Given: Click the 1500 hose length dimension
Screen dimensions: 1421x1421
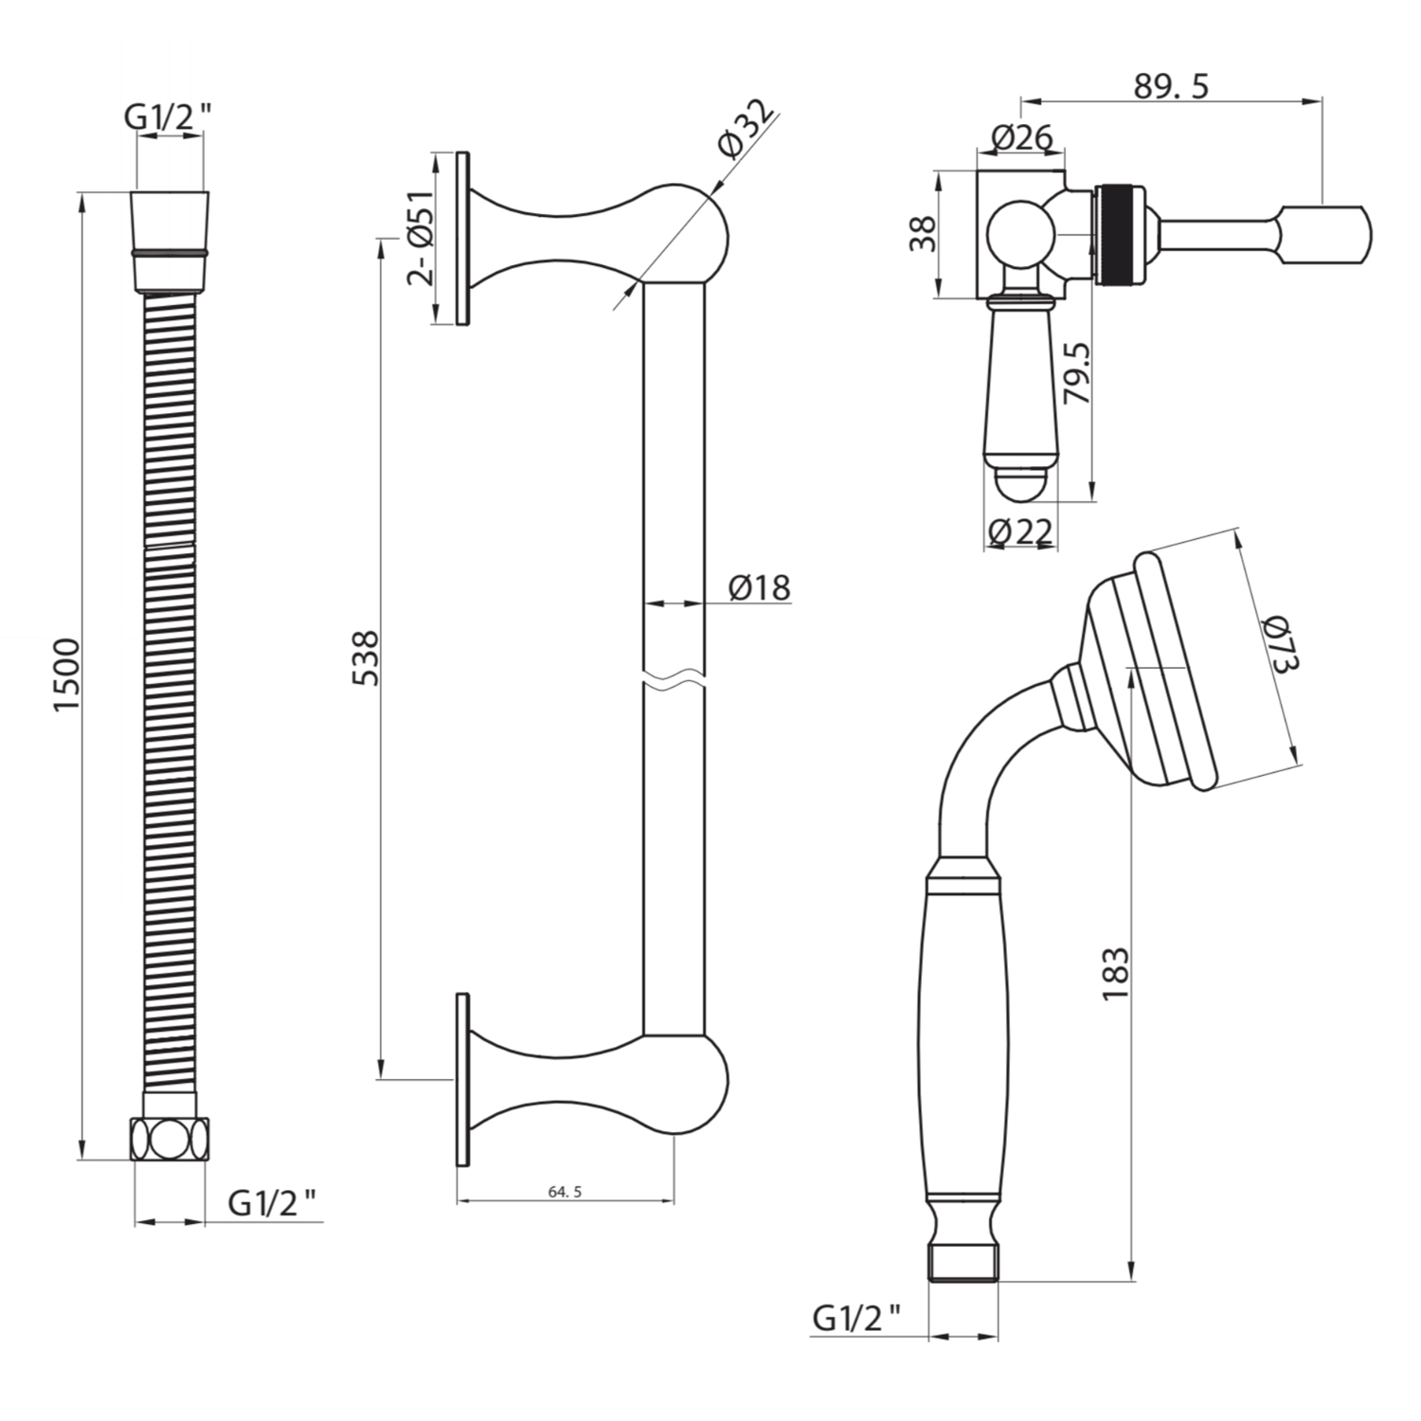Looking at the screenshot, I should tap(67, 675).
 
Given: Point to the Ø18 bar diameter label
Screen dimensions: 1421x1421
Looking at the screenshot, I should tap(759, 587).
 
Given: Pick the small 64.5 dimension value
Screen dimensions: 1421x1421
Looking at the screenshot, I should tap(565, 1192).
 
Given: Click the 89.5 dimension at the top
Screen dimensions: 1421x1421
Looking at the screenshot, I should tap(1171, 86).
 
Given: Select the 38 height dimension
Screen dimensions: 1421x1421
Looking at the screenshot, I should tap(922, 234).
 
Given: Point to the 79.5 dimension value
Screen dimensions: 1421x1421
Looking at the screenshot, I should tap(1077, 374).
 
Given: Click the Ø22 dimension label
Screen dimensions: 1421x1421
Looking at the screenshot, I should tap(1019, 532).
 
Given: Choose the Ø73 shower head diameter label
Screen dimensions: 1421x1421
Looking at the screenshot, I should tap(1280, 643).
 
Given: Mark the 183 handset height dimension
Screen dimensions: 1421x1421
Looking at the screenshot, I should tap(1115, 972).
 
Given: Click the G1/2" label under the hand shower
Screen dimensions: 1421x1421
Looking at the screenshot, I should tap(856, 1318).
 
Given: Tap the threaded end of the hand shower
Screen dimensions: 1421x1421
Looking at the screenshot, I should tap(962, 1264).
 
